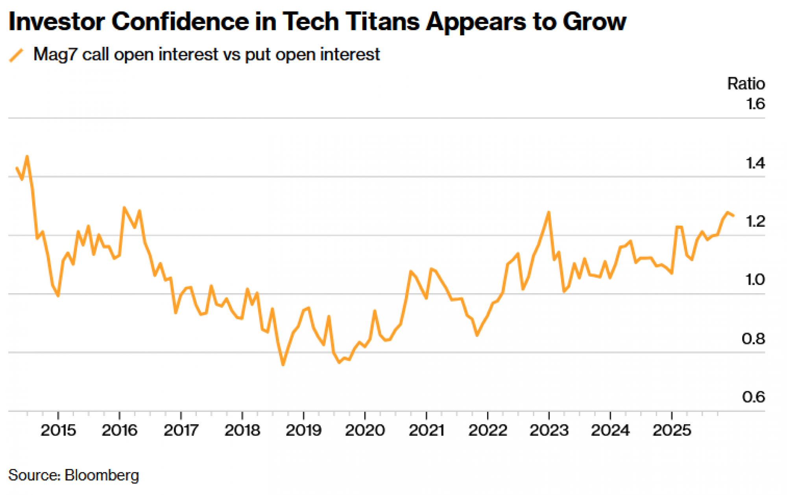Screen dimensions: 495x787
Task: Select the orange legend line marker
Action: point(17,55)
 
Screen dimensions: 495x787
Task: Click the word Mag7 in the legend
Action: point(55,54)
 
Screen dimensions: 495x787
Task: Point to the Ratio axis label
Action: point(746,84)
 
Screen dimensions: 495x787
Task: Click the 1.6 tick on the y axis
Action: point(755,104)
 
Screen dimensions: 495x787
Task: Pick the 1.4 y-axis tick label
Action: point(755,163)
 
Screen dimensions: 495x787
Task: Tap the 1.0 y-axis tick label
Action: point(755,280)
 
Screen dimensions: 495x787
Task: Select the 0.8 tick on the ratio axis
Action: point(753,339)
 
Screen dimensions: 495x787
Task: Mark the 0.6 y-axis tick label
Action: point(753,397)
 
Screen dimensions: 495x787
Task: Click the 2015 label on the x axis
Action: point(58,431)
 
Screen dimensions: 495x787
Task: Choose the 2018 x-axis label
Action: point(242,431)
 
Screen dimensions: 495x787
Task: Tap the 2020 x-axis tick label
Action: point(365,431)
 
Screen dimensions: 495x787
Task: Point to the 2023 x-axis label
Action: point(549,431)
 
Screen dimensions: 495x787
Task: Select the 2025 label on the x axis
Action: point(672,431)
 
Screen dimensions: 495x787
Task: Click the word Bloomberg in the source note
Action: point(102,475)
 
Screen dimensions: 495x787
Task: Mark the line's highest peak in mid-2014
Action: point(27,156)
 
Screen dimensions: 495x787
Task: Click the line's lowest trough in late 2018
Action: point(283,365)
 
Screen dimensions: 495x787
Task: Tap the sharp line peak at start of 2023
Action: point(549,213)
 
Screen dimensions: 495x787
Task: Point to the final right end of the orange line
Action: point(733,215)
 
